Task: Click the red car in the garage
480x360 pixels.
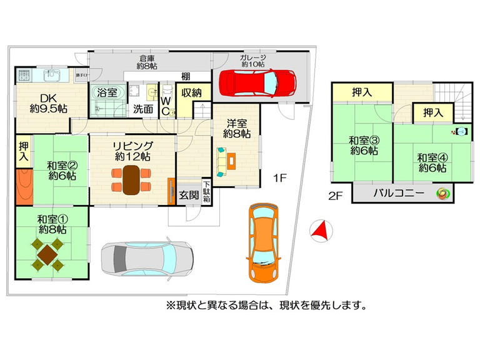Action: (x=257, y=82)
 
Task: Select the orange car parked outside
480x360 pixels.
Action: (x=263, y=242)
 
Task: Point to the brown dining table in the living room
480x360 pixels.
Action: (x=131, y=180)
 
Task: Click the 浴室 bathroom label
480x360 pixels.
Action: (x=107, y=92)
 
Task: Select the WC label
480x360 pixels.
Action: (x=165, y=106)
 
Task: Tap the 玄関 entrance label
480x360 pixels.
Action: (x=189, y=195)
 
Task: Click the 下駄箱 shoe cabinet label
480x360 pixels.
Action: (x=207, y=192)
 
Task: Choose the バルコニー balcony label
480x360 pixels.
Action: (x=399, y=193)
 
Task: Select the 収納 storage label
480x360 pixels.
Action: (x=191, y=92)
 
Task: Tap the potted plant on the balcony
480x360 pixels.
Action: (x=443, y=194)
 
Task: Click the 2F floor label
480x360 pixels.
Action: (x=335, y=196)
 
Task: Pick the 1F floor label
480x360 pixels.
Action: (x=279, y=178)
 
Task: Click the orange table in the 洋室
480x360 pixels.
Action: (x=231, y=161)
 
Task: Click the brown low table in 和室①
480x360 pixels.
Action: (x=47, y=255)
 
